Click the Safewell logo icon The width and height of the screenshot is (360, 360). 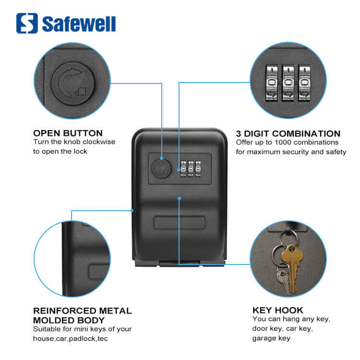click(x=27, y=23)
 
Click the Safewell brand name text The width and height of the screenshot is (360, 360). click(x=79, y=24)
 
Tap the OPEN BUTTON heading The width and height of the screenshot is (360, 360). click(x=68, y=133)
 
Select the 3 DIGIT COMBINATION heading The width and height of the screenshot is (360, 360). click(x=288, y=134)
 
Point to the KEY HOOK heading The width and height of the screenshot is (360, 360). click(x=278, y=310)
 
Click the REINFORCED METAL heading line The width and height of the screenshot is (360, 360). click(x=82, y=311)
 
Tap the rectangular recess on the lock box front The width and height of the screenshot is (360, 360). click(x=180, y=224)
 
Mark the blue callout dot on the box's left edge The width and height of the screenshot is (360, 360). click(x=132, y=210)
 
